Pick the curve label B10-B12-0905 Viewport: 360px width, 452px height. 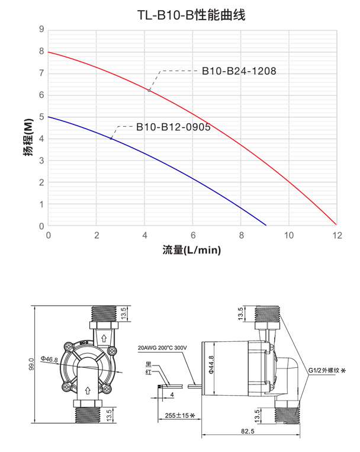click(x=173, y=126)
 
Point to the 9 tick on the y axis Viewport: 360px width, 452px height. click(x=41, y=29)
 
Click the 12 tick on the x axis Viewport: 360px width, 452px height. click(x=337, y=235)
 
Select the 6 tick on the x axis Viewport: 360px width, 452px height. click(x=192, y=235)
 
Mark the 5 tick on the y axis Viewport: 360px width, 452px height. click(x=41, y=117)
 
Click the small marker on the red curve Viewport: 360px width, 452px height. click(x=149, y=90)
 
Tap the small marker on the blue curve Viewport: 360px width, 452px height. click(x=111, y=139)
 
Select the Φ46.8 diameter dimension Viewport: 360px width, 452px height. click(x=49, y=360)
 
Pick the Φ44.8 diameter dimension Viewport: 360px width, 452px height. click(x=211, y=365)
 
